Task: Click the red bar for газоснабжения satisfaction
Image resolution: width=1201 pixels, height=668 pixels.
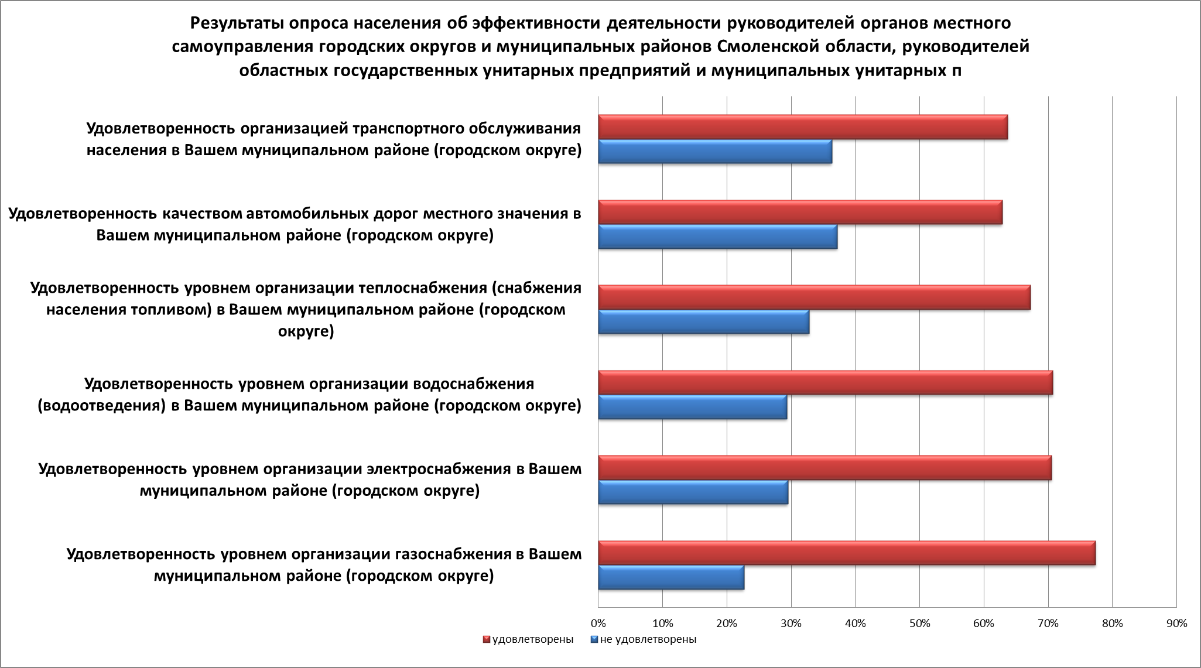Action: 846,553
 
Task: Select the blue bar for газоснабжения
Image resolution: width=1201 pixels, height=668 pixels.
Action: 671,578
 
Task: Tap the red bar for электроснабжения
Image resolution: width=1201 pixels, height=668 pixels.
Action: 824,468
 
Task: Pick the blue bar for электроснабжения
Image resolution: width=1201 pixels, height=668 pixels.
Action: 693,492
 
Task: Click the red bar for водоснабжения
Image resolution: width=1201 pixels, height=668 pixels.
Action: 825,383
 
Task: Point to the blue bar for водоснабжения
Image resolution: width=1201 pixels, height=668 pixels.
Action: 692,407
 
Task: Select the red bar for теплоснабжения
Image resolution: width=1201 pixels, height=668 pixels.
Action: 814,297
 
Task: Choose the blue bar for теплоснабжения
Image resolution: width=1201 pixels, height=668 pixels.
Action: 703,322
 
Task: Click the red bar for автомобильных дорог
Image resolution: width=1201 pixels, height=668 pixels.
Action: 800,213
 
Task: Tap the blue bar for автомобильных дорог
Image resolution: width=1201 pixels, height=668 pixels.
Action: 717,237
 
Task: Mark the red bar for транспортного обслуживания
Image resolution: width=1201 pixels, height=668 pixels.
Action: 803,128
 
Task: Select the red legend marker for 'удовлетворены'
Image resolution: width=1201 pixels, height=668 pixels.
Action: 486,639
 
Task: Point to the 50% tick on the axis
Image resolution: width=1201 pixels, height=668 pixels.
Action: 919,624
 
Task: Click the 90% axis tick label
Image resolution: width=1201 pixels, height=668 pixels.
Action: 1176,624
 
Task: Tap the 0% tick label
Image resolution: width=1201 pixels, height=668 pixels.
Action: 598,624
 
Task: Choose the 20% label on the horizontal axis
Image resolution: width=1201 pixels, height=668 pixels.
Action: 727,624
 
